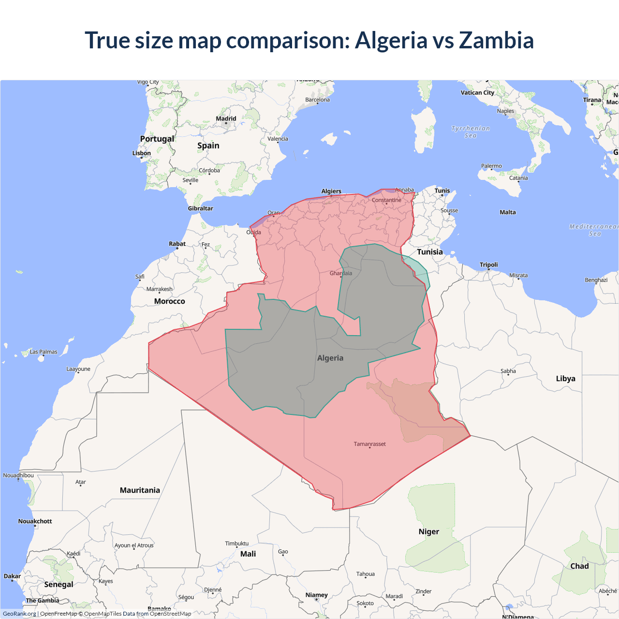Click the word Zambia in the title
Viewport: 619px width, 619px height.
point(496,40)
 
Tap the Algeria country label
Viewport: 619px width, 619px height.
point(330,358)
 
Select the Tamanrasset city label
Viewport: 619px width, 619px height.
point(369,444)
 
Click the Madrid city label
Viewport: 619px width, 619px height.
point(226,118)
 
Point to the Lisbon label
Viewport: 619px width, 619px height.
point(142,153)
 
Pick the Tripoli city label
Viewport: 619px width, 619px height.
point(488,265)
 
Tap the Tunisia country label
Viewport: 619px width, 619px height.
point(430,252)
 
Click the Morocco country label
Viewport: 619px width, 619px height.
point(169,301)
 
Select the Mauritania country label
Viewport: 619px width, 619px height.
point(140,490)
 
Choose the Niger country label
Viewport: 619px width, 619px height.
point(429,531)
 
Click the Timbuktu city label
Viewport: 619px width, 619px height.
point(236,544)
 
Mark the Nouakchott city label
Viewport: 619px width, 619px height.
point(35,521)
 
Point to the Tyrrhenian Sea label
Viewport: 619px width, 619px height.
point(471,132)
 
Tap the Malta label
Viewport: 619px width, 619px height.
point(508,212)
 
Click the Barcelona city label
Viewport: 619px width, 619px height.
point(317,100)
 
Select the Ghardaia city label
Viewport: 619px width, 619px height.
point(341,273)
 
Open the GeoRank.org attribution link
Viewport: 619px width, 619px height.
point(19,614)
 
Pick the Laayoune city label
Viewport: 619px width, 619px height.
point(78,369)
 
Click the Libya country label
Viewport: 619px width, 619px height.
point(565,379)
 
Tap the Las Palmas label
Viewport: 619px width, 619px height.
point(44,352)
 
